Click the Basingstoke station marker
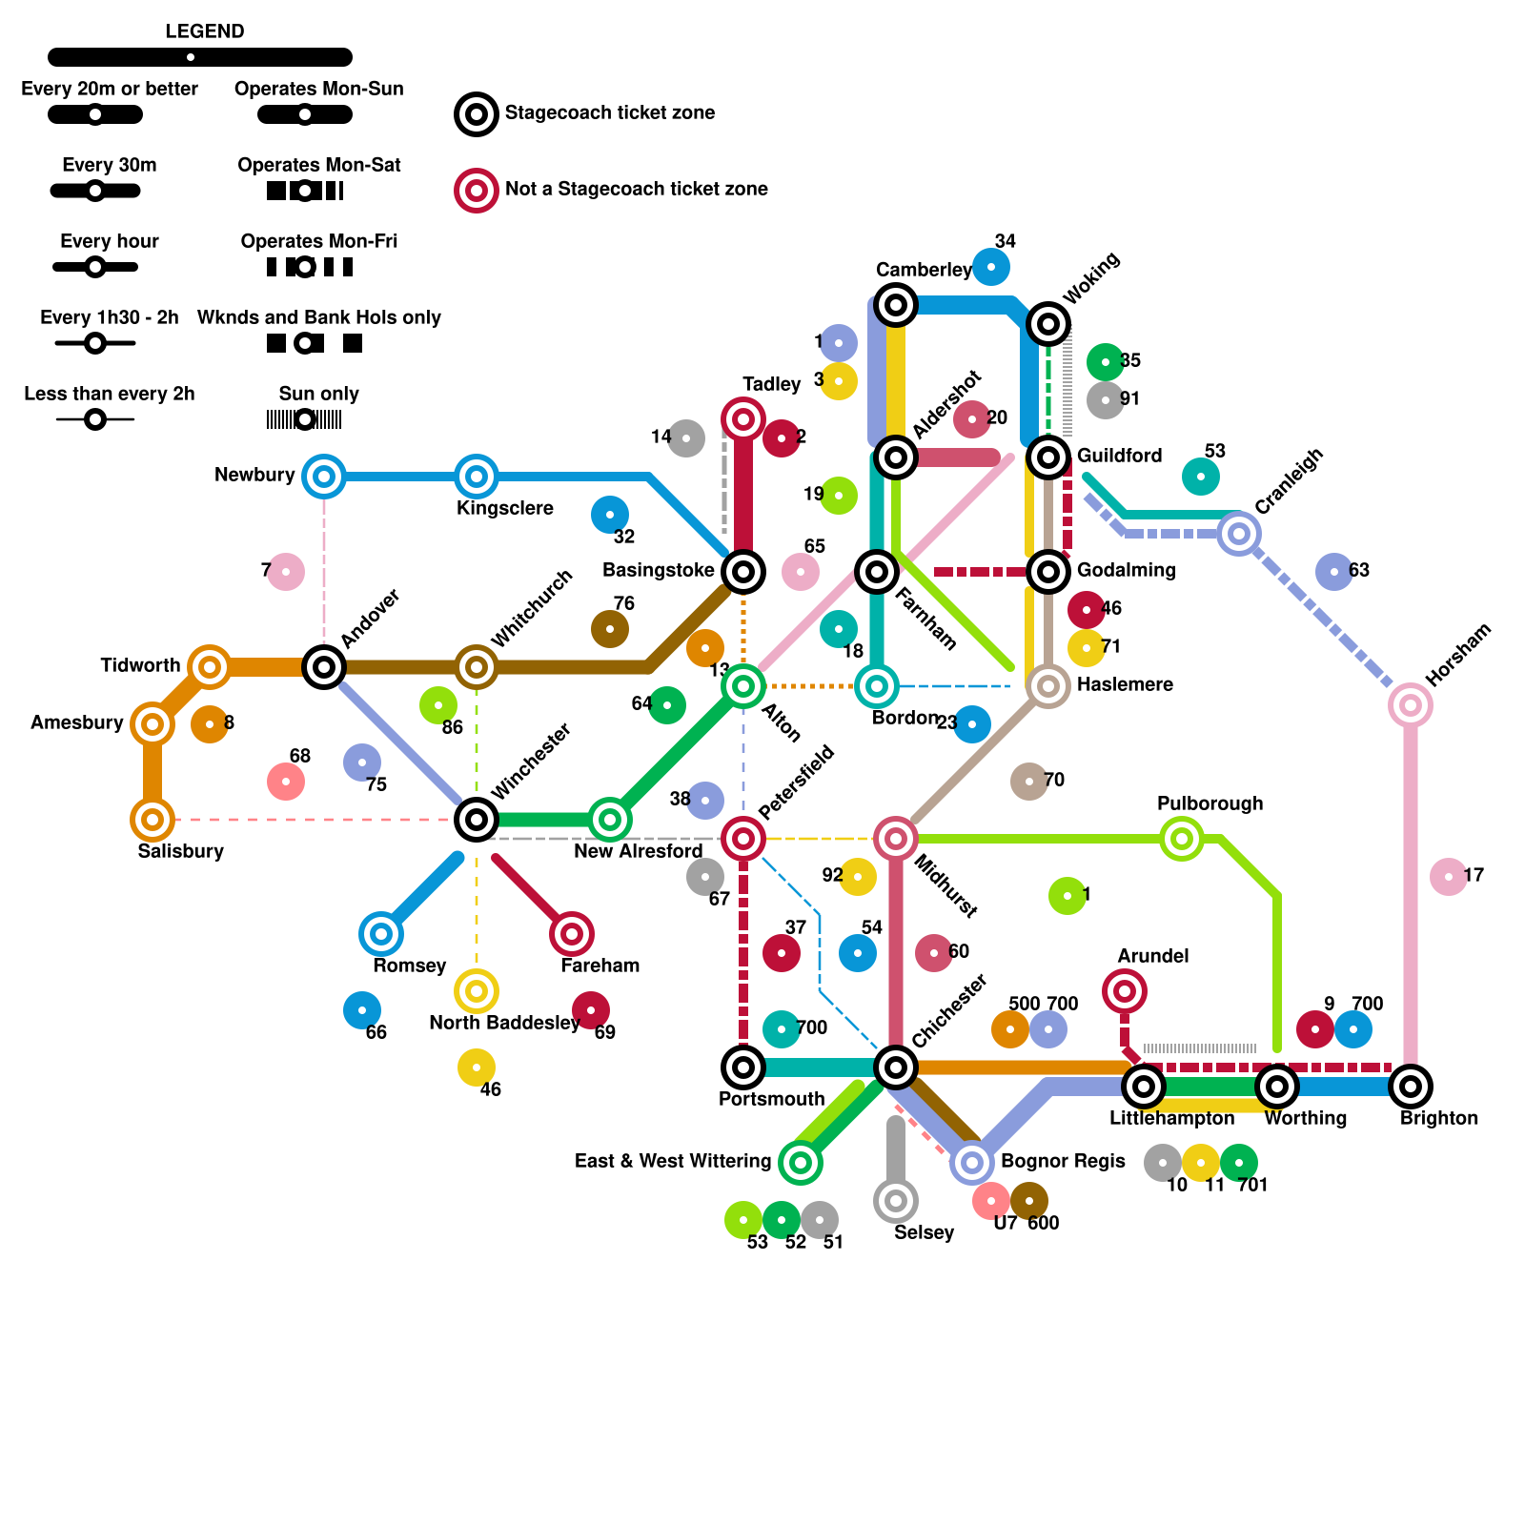(743, 572)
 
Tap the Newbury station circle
(324, 477)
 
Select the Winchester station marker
(477, 820)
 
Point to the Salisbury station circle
(152, 820)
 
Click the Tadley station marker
(743, 419)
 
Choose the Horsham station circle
(1411, 705)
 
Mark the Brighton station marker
(1411, 1087)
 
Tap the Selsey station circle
(896, 1201)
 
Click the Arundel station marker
(1125, 991)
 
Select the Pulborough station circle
(1182, 839)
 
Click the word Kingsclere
(505, 508)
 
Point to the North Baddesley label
(504, 1023)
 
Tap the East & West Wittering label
(673, 1161)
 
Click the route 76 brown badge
(610, 629)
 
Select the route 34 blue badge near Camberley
(991, 267)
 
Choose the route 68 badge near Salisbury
(286, 782)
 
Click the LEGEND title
(204, 31)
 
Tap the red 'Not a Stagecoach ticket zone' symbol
(477, 191)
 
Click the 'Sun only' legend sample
(305, 419)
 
